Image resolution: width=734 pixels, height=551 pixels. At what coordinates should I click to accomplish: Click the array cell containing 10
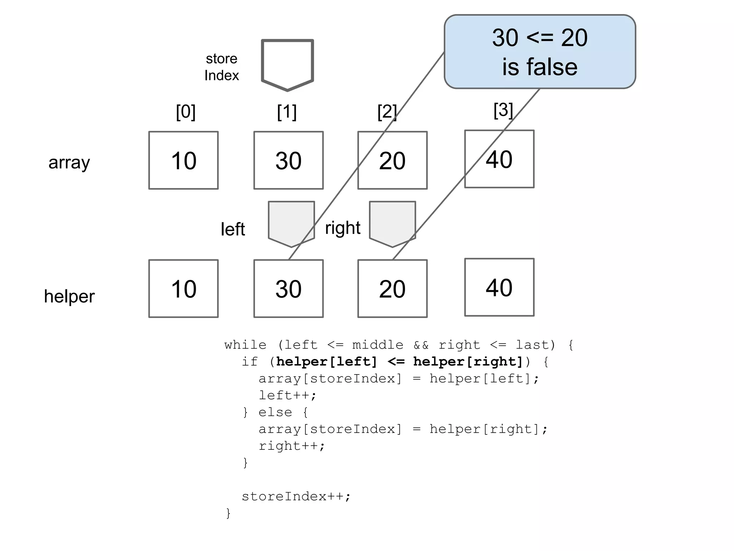183,160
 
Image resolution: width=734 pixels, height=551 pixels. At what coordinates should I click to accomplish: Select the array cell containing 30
289,160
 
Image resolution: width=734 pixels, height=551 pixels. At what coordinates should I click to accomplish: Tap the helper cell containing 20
392,289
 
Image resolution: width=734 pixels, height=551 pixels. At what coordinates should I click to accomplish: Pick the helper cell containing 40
499,287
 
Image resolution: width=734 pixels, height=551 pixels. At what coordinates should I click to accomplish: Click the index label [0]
186,112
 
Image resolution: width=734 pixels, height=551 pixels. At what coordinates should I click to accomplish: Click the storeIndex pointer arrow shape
287,65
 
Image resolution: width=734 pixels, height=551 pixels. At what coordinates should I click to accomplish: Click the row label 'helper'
69,296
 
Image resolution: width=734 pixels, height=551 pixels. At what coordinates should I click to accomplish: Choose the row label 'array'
69,163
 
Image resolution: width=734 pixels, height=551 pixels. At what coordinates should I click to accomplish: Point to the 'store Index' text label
221,67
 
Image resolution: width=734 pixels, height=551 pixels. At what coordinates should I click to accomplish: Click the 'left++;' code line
288,395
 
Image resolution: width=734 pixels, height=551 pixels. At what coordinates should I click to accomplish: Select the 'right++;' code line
292,446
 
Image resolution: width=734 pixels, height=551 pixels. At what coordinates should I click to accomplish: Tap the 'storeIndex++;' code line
296,496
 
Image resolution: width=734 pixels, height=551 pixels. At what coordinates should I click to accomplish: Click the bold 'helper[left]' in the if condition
327,362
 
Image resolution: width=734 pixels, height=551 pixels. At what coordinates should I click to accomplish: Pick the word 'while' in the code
246,345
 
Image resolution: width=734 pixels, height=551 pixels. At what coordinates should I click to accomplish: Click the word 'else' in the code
275,412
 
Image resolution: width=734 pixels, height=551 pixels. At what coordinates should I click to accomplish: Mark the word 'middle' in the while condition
378,345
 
